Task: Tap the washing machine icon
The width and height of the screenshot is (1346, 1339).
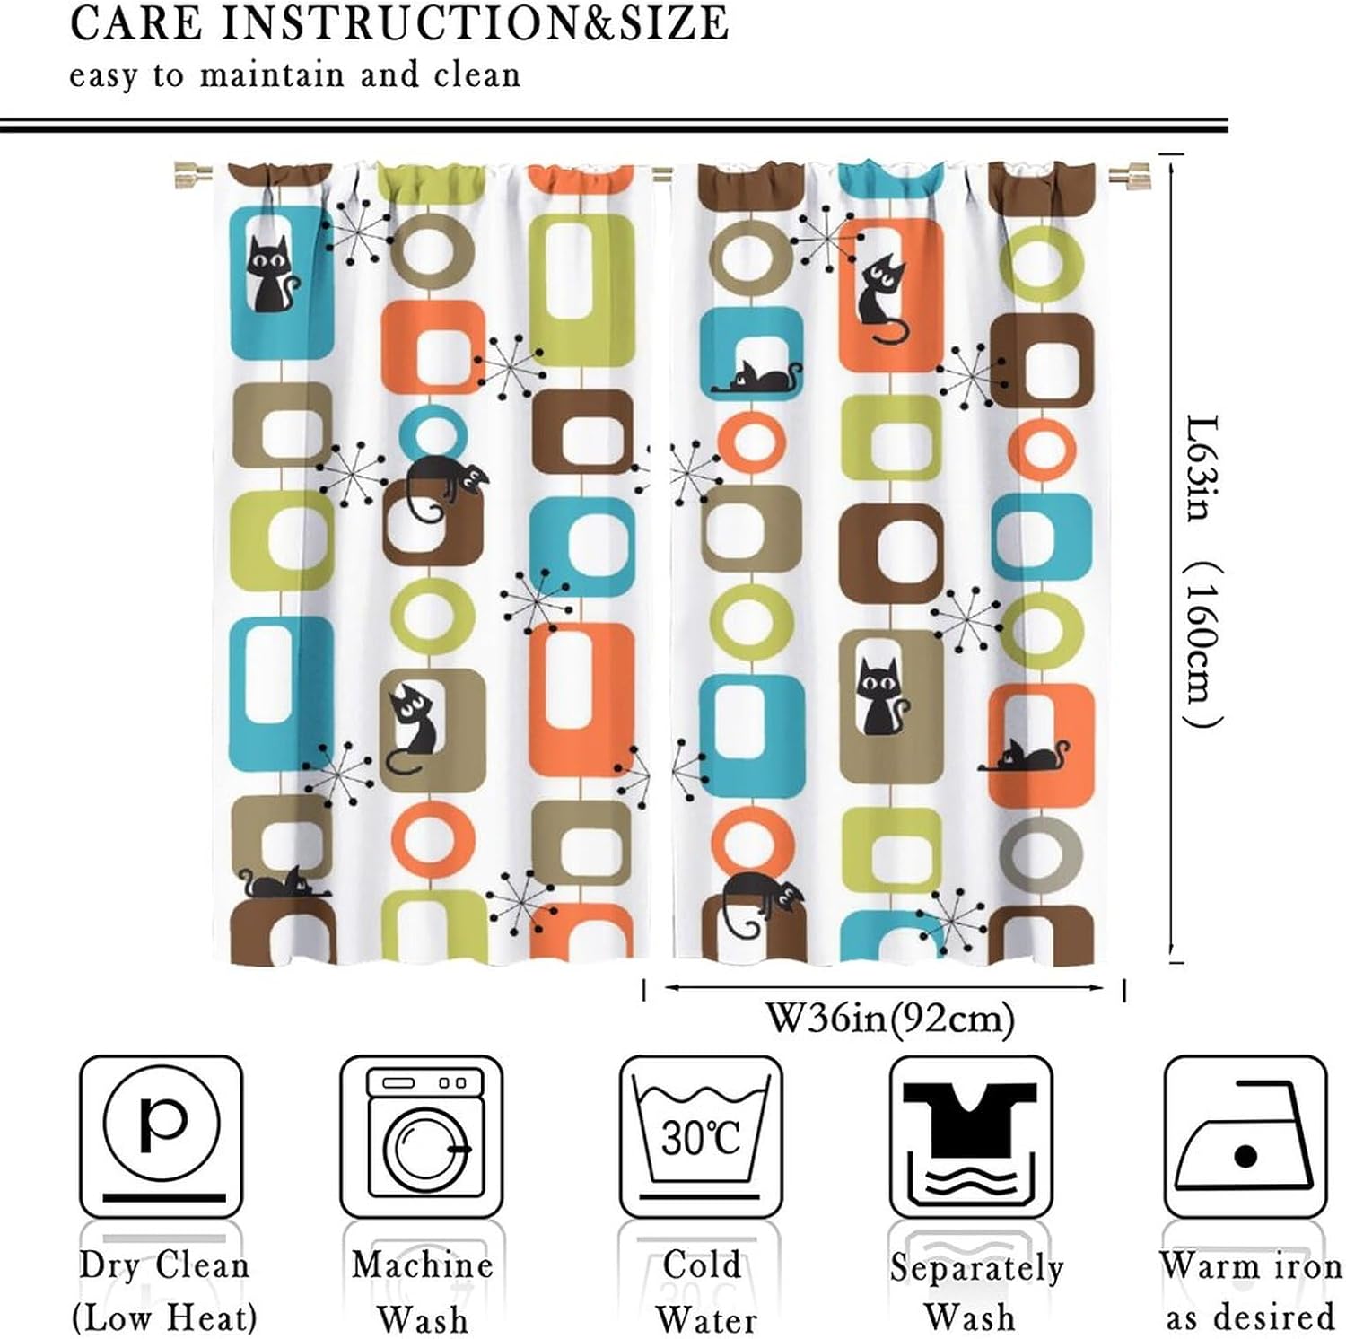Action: pos(422,1136)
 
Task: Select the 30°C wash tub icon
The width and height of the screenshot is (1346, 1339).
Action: pos(701,1136)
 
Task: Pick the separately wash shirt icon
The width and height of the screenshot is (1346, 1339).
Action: pos(971,1136)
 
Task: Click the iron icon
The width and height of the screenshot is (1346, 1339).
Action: pos(1245,1136)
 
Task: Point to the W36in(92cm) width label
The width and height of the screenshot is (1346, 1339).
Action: pos(889,1018)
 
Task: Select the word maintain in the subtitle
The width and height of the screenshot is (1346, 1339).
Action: pos(271,74)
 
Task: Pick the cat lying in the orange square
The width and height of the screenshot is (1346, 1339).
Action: pos(1025,758)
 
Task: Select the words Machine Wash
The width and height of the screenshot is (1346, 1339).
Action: pos(422,1292)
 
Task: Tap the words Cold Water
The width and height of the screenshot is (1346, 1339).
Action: pos(704,1292)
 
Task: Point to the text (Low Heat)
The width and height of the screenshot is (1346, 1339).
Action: pos(164,1318)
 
